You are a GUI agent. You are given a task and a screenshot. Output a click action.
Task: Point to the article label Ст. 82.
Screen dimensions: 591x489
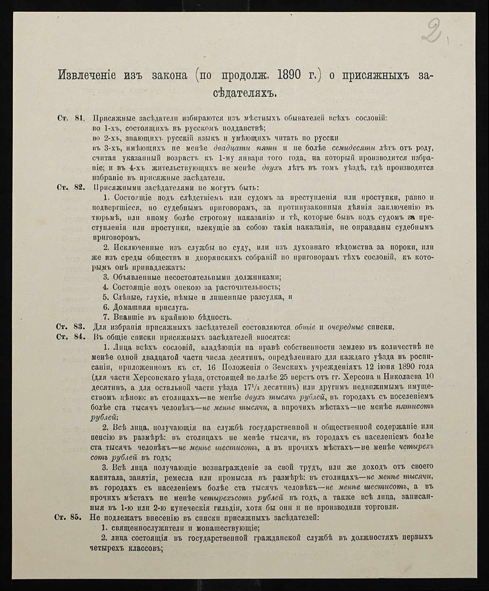pos(71,187)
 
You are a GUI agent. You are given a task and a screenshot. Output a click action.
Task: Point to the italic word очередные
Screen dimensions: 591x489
pos(346,327)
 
